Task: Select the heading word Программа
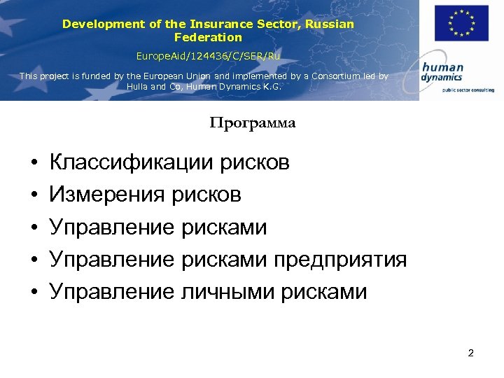(253, 123)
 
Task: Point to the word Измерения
(107, 195)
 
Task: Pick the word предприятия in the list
(340, 259)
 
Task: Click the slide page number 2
(470, 353)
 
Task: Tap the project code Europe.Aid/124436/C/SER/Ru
(208, 55)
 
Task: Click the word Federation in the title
(208, 37)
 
